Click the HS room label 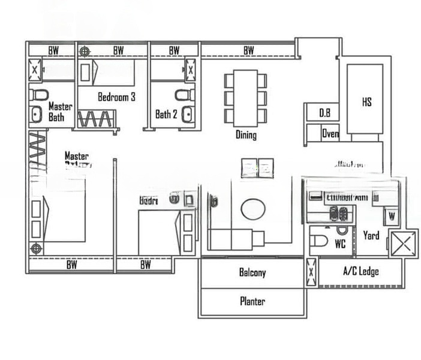[366, 102]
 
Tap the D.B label [324, 112]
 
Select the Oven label [330, 133]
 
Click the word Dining [246, 135]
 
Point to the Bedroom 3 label [116, 97]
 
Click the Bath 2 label [166, 114]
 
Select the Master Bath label [60, 112]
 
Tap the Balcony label [252, 272]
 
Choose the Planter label [252, 301]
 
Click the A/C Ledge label [360, 272]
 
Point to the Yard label [371, 236]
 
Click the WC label [340, 244]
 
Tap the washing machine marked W [392, 215]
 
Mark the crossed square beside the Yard [402, 244]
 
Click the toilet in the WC [320, 242]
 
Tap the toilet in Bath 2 [185, 94]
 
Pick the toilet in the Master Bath [39, 94]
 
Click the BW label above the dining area [248, 50]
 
